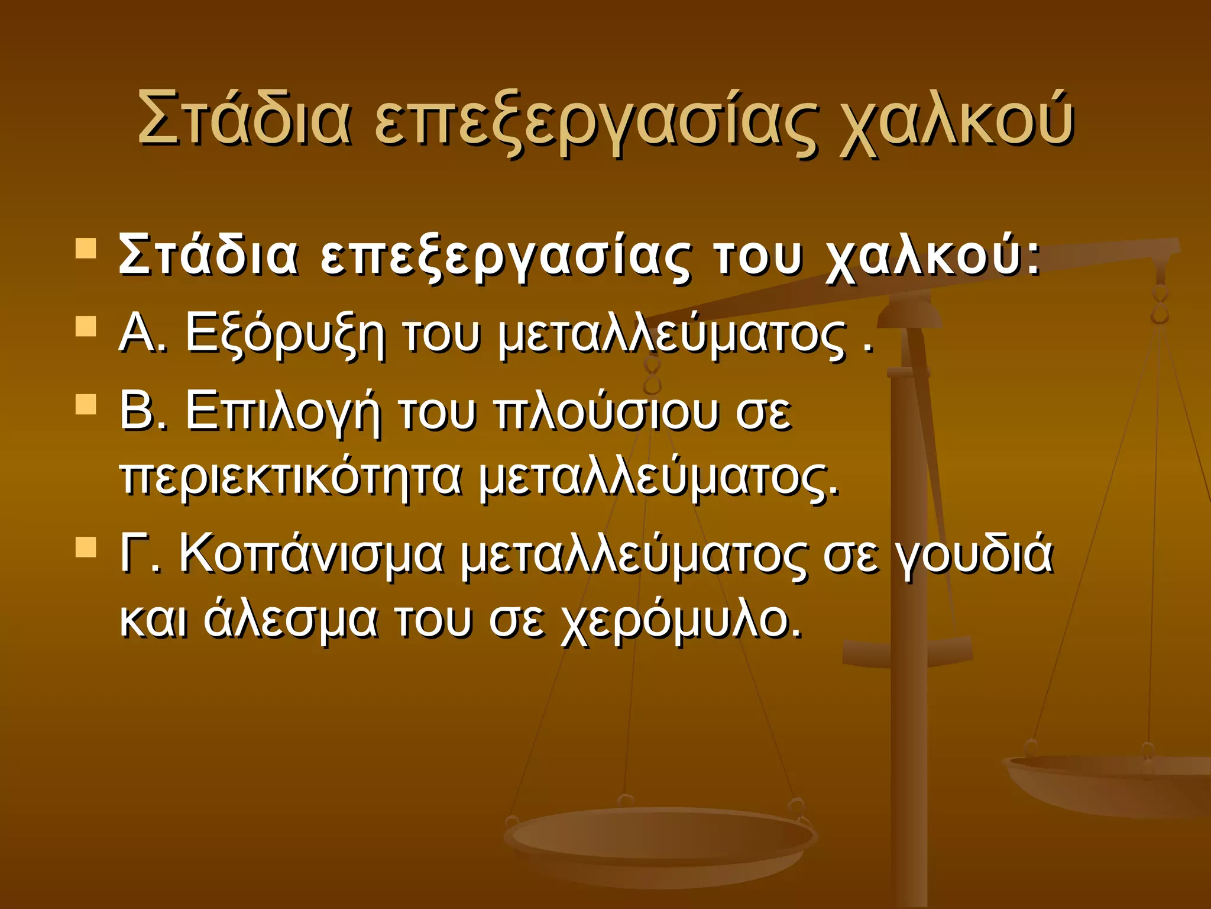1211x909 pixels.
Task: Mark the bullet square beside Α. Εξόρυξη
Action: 86,326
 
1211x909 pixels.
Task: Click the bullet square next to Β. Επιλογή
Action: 86,404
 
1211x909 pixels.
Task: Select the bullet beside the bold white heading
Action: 86,249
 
